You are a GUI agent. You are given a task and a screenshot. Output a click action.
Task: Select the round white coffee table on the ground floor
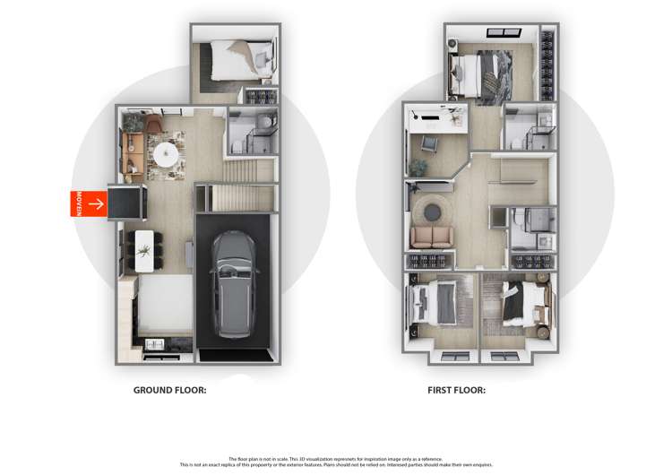(x=166, y=155)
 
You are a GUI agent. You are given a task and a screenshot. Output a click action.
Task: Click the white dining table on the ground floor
(x=143, y=252)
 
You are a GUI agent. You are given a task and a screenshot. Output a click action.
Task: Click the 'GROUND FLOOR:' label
(x=170, y=390)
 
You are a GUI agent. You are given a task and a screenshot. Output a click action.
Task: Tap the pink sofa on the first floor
(x=432, y=237)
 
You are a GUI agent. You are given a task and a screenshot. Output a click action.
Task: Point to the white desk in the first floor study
(x=437, y=117)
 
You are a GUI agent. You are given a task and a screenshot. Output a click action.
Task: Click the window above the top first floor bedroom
(x=503, y=34)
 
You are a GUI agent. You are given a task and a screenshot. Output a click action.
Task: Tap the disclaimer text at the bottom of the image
(x=336, y=462)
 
